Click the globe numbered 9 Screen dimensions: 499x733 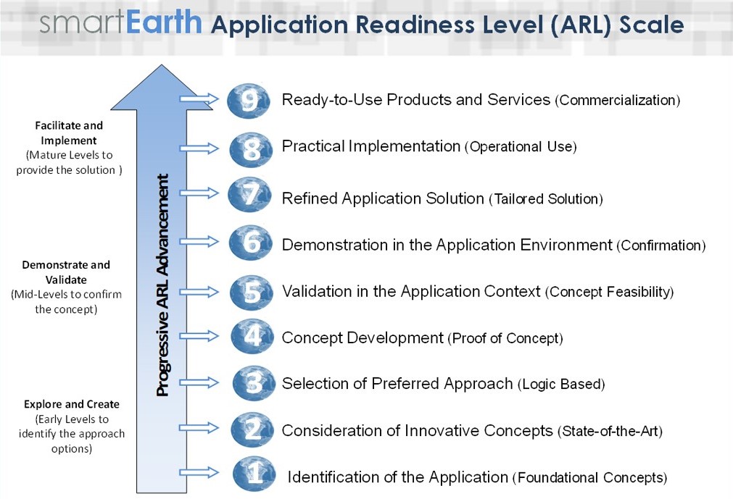point(249,101)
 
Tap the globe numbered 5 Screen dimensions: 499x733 point(251,292)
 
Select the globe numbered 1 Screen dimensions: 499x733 point(254,474)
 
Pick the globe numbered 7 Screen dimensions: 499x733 point(249,196)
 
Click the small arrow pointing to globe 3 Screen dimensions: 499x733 point(199,381)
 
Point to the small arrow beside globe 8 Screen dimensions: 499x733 point(199,148)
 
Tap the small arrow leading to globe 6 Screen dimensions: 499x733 point(199,241)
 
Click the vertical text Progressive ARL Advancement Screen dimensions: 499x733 point(164,285)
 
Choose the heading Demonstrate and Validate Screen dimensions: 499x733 point(65,272)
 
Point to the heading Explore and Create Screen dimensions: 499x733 point(71,404)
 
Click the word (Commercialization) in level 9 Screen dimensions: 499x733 point(617,101)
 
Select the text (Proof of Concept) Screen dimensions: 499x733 point(505,338)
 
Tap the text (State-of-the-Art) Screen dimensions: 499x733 point(610,432)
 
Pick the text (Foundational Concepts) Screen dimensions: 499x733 point(589,478)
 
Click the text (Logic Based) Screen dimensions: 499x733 point(561,385)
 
